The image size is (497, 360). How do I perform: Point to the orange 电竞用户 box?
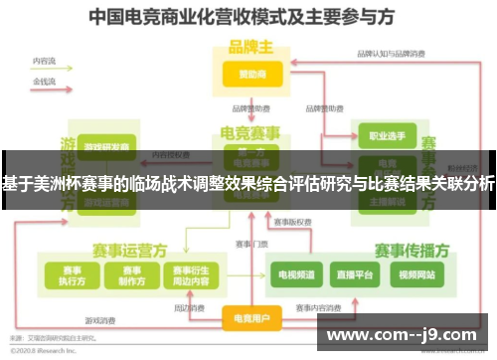[250, 318]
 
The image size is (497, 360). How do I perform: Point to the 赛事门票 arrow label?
[251, 244]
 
